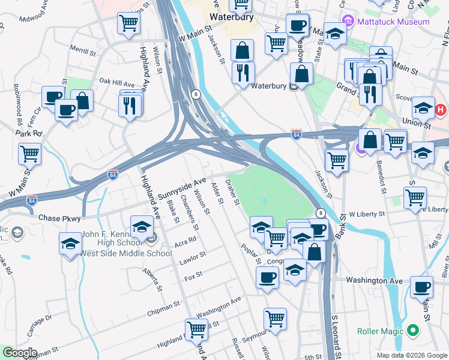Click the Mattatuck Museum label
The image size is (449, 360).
(x=400, y=22)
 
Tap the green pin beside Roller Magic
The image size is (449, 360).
(x=412, y=331)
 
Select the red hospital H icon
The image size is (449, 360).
(x=441, y=110)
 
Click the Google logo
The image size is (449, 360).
(x=19, y=353)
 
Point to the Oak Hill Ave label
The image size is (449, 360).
(x=116, y=81)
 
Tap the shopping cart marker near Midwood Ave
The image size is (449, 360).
(x=129, y=24)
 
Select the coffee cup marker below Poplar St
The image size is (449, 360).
(x=267, y=277)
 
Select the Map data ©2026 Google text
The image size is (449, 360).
(x=412, y=355)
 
